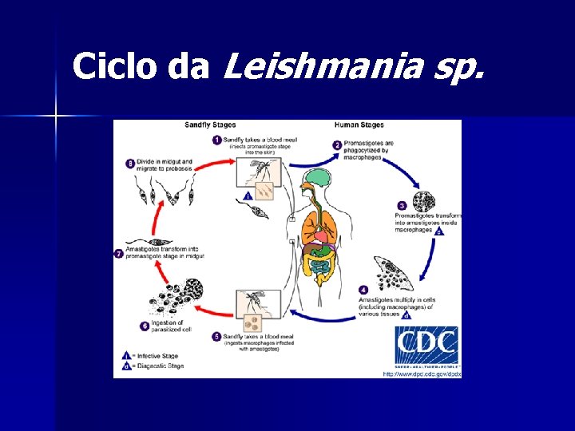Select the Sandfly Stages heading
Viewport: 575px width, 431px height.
210,125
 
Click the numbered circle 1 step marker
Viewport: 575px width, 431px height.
216,140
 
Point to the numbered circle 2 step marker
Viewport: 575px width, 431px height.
337,145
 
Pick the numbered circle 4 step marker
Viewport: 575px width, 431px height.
363,290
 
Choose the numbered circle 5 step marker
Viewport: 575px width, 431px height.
216,337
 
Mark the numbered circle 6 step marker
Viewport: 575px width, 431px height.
145,326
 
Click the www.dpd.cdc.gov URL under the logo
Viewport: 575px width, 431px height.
422,374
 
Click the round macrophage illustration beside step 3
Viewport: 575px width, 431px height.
423,200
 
